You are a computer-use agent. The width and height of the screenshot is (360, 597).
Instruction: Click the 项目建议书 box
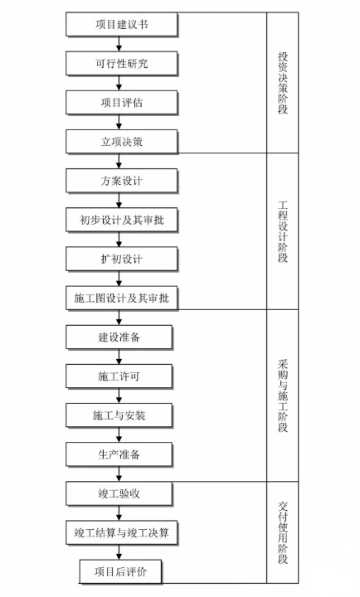(x=122, y=24)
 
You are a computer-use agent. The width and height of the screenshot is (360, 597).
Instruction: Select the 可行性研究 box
(x=122, y=64)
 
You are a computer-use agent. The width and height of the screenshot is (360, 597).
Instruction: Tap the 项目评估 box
(x=122, y=103)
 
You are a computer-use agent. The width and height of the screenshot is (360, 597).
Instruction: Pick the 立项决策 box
(x=122, y=142)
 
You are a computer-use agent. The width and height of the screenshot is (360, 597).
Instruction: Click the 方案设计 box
(x=122, y=181)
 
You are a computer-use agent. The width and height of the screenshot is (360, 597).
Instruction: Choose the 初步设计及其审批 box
(x=122, y=220)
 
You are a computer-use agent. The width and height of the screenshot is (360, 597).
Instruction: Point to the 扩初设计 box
(x=122, y=259)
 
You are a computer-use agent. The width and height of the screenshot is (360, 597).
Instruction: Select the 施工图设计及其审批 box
(x=122, y=298)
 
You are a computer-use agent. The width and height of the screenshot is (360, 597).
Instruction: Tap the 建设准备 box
(x=119, y=337)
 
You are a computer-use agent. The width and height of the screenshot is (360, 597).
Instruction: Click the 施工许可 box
(x=119, y=376)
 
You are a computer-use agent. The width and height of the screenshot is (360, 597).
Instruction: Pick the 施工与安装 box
(x=119, y=415)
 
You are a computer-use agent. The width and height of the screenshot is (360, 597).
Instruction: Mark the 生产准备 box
(x=119, y=454)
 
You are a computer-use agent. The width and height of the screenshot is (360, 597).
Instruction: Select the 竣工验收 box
(x=119, y=494)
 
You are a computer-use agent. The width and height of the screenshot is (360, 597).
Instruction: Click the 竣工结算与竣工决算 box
(x=122, y=532)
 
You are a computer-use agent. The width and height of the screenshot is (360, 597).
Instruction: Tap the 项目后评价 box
(x=120, y=572)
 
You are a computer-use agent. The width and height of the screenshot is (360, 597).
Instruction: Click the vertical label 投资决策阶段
(x=283, y=83)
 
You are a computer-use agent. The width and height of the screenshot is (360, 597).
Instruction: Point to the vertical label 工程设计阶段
(x=283, y=231)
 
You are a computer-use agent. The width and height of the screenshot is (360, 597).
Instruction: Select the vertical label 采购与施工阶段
(x=283, y=396)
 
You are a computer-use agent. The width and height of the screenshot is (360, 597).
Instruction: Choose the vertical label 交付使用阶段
(x=283, y=532)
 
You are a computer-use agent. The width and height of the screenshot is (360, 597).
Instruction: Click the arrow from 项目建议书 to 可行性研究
(x=119, y=44)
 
